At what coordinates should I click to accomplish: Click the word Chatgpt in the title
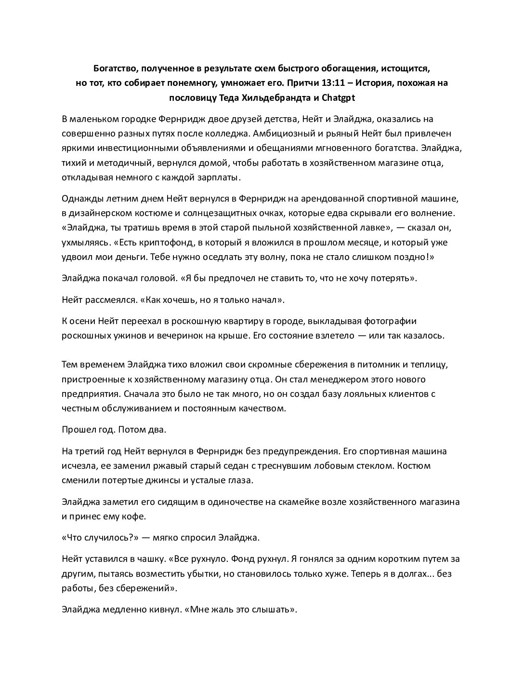(x=338, y=97)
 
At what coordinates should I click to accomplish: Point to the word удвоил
(x=78, y=257)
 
